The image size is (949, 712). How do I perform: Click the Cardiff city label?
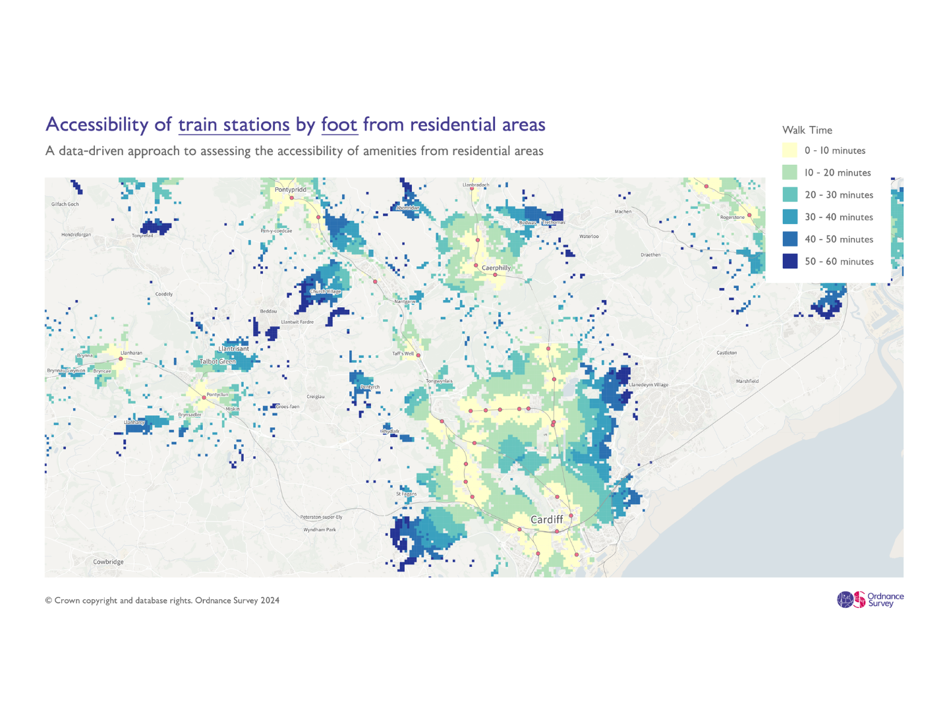(x=547, y=519)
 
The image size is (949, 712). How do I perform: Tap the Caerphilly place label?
(x=496, y=268)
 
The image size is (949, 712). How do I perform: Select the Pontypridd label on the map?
(x=291, y=190)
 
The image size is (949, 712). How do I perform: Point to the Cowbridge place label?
(x=108, y=562)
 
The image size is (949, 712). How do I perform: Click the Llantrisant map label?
(x=233, y=349)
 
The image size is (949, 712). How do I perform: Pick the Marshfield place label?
(x=747, y=381)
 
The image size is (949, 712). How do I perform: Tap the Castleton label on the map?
(x=727, y=353)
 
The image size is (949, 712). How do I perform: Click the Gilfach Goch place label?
(x=65, y=204)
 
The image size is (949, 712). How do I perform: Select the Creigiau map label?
(x=316, y=397)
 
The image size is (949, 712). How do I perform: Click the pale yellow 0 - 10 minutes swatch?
(x=790, y=150)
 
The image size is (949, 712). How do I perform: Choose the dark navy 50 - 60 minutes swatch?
(x=790, y=261)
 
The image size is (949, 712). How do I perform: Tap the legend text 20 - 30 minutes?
(x=839, y=195)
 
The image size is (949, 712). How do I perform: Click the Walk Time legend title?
(x=807, y=130)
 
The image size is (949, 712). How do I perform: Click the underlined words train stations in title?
(x=234, y=125)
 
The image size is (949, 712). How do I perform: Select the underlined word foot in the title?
(x=339, y=125)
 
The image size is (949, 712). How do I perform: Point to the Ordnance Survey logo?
(x=870, y=599)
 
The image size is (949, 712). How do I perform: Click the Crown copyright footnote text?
(x=162, y=601)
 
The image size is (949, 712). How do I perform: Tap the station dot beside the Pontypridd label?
(x=291, y=198)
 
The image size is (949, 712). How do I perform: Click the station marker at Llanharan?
(x=121, y=359)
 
